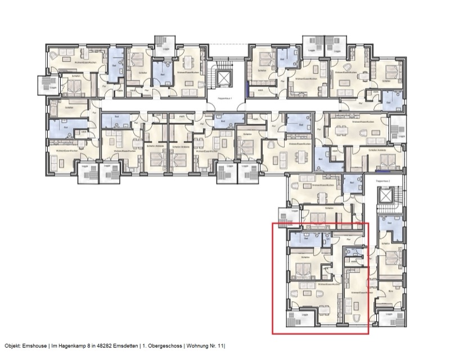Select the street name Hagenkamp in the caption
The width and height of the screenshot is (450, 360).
[x=67, y=346]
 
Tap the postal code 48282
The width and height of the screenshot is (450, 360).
[x=94, y=346]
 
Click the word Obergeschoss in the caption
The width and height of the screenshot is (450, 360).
[x=160, y=346]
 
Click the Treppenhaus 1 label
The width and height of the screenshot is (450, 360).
[x=225, y=99]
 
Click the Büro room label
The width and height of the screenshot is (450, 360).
[x=391, y=291]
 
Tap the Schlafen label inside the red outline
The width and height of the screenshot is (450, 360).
[x=305, y=256]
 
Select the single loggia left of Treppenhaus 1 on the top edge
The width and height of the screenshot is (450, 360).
[x=165, y=46]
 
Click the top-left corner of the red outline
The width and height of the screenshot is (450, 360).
[x=272, y=224]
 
